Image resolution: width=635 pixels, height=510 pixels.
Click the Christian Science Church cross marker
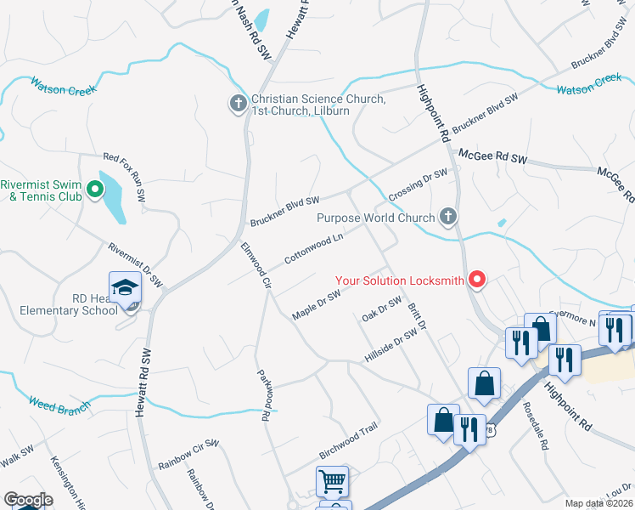point(239,104)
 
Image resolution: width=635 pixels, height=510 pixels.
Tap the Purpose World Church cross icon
point(448,218)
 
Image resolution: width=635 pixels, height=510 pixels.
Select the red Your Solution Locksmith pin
point(477,278)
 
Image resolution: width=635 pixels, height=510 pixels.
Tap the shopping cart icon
point(332,481)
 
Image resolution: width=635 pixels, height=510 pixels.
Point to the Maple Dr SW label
point(316,304)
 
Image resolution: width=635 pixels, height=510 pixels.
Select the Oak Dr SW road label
point(381,309)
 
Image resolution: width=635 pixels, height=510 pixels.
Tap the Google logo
point(28,500)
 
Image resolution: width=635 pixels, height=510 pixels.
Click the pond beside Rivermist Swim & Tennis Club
point(111,196)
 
